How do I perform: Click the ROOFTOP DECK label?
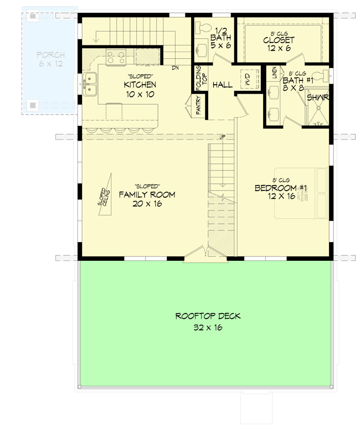click(208, 316)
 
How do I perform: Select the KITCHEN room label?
click(140, 85)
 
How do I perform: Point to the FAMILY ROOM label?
click(147, 194)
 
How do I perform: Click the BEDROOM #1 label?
click(280, 188)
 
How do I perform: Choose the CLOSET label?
click(279, 40)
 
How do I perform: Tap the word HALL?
click(222, 85)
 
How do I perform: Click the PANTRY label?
click(198, 106)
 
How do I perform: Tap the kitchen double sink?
click(90, 85)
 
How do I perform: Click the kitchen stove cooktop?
click(115, 56)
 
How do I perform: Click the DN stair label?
click(175, 68)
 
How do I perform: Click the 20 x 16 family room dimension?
click(147, 204)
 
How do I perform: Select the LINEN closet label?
click(274, 73)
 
